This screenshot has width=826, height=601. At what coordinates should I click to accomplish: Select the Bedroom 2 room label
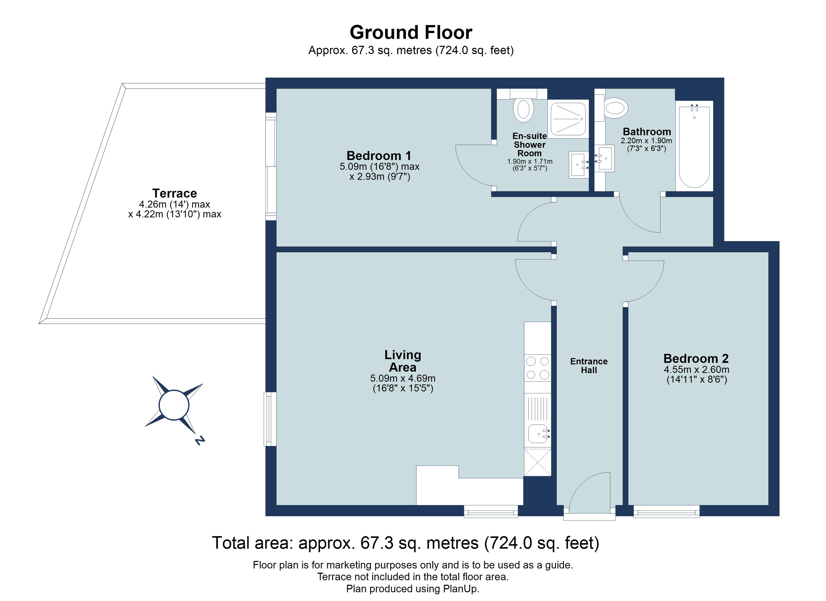click(x=696, y=358)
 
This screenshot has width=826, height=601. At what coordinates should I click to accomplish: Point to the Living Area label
click(x=402, y=361)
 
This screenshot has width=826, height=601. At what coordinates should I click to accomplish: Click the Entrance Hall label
click(x=589, y=366)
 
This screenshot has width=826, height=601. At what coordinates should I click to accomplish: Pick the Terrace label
click(x=174, y=193)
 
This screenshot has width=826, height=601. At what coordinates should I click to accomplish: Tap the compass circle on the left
click(x=174, y=405)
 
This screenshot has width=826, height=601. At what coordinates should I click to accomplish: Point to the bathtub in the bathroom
click(x=694, y=146)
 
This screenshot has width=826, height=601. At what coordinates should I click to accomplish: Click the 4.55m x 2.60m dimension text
click(x=696, y=370)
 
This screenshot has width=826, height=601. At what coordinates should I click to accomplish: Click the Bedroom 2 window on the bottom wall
click(x=667, y=511)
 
